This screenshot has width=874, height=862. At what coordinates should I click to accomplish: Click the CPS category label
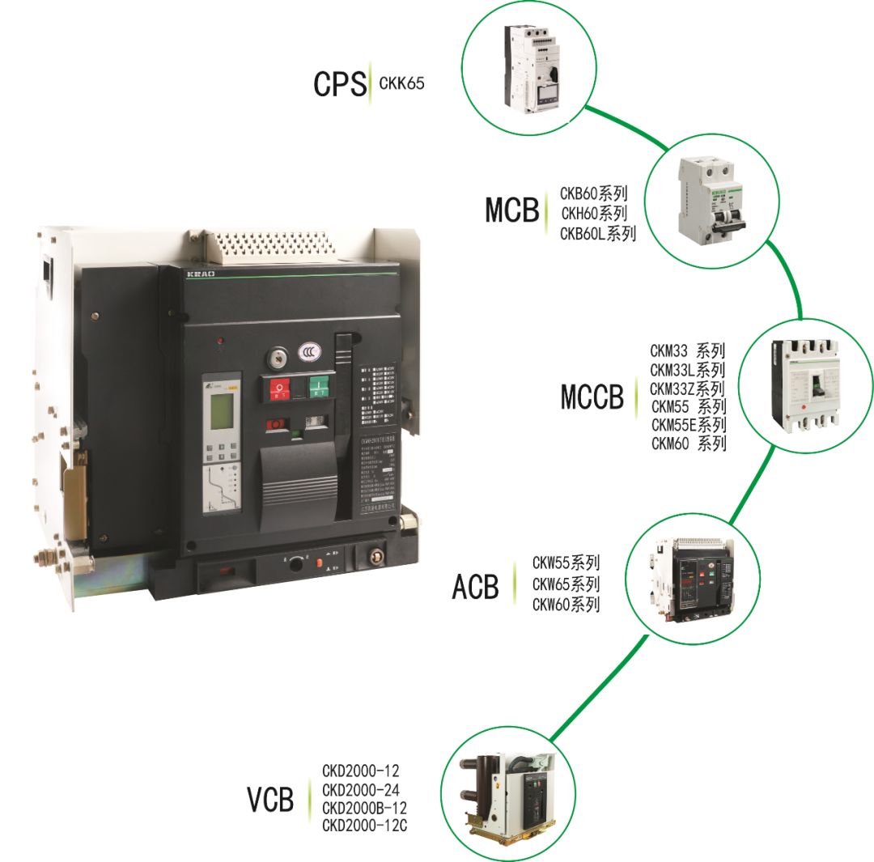(340, 84)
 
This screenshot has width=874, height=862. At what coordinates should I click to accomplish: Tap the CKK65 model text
(401, 83)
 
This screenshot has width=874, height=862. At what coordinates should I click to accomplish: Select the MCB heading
(511, 210)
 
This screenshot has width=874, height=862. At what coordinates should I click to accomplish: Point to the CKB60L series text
(598, 234)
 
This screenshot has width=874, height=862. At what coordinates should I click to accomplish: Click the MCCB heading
(593, 397)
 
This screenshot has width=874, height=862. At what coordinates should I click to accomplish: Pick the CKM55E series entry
(689, 425)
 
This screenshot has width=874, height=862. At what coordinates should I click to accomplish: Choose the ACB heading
(476, 587)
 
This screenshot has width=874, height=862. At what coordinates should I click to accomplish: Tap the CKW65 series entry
(566, 584)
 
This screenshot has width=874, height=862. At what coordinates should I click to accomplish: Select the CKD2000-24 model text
(361, 789)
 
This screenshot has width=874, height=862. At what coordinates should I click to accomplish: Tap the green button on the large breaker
(320, 389)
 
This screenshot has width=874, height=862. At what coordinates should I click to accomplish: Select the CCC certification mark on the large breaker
(307, 352)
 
